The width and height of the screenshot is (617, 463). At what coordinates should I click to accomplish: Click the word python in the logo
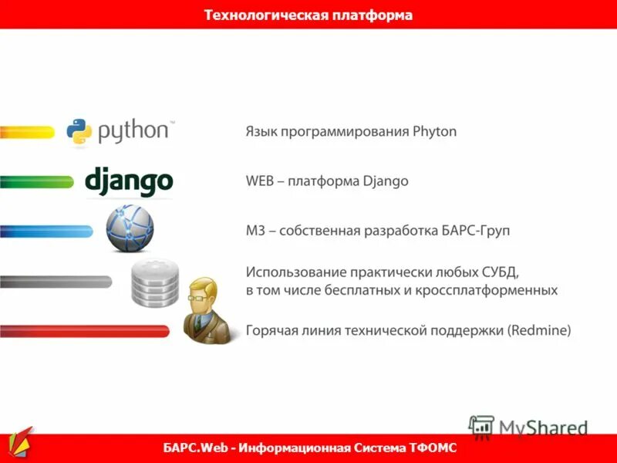133,130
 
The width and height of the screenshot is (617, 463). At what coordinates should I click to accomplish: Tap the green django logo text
129,182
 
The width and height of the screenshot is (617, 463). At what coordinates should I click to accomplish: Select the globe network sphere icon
130,228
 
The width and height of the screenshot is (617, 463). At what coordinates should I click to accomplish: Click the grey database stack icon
154,282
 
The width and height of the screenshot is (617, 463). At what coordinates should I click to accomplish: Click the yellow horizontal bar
28,132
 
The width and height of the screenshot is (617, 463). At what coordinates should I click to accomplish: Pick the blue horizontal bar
46,231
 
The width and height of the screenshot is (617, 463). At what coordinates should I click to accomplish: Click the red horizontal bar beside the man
85,331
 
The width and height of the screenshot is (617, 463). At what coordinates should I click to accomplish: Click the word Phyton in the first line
435,132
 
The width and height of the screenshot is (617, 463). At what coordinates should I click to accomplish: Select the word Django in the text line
386,181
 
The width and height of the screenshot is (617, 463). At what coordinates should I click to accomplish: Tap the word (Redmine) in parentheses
539,331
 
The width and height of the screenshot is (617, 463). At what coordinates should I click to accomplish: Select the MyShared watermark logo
528,427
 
